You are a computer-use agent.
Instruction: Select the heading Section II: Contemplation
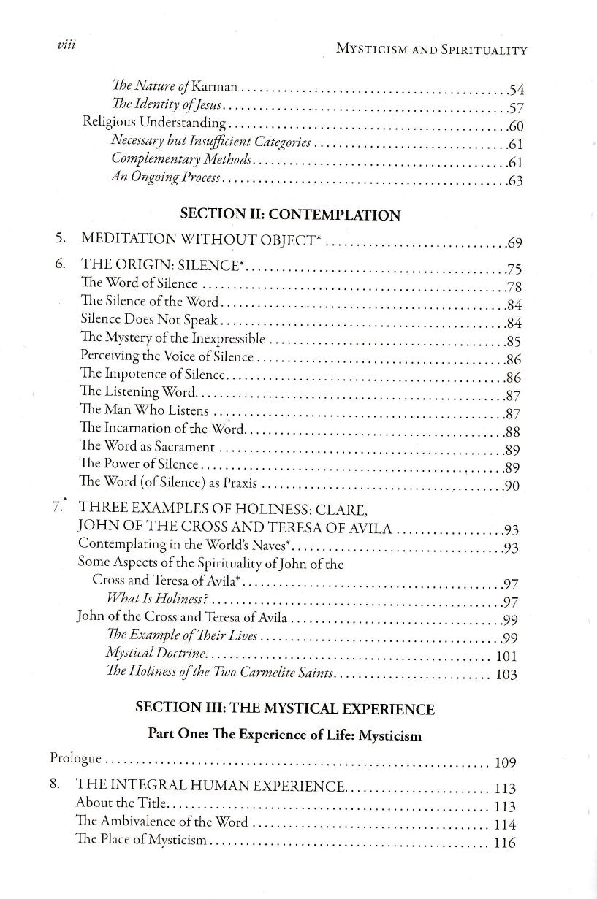coord(290,215)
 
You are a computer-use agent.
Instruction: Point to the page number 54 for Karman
coord(517,91)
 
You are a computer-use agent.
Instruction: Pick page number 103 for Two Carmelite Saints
coord(506,674)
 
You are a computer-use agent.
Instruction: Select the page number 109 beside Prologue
coord(506,764)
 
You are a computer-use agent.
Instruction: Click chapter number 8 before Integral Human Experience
coord(56,787)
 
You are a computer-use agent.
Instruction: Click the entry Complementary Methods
coord(182,161)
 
